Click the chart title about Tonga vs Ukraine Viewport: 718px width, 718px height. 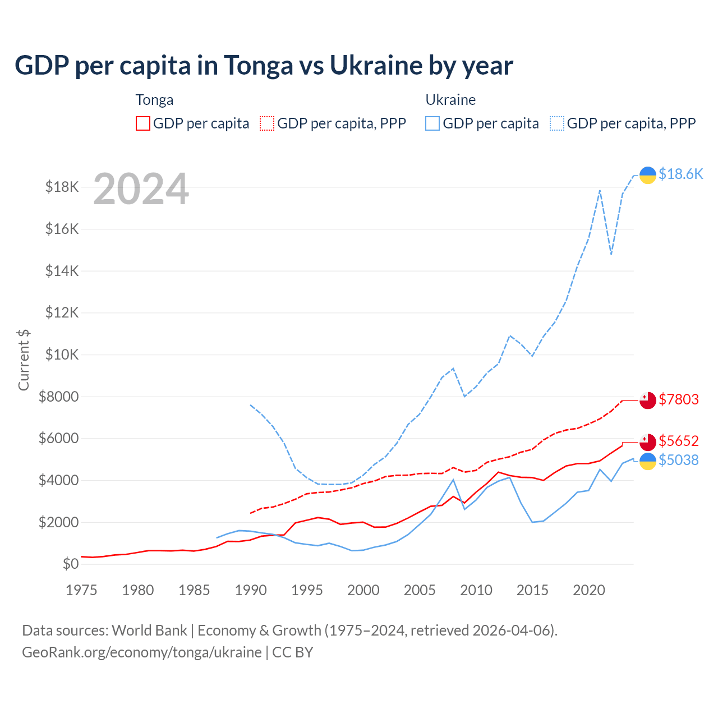click(264, 66)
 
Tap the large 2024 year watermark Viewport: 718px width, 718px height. click(141, 189)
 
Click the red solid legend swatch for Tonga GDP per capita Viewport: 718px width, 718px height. click(143, 123)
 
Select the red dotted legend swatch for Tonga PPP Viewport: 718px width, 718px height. click(267, 123)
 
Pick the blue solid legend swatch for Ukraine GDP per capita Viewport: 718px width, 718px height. click(432, 123)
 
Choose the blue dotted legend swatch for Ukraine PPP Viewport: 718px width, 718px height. click(557, 123)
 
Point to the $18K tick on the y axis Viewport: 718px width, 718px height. click(62, 187)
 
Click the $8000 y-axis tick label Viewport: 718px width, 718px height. click(58, 397)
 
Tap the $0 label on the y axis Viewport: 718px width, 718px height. click(70, 564)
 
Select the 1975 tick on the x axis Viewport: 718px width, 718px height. click(81, 590)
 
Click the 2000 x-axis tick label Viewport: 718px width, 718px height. click(363, 590)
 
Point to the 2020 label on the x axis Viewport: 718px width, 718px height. click(589, 590)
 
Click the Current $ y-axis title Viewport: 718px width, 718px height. click(24, 360)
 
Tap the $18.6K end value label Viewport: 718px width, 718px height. click(680, 174)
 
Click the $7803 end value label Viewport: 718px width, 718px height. click(679, 399)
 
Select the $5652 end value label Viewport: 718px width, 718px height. click(679, 441)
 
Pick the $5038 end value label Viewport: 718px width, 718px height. click(679, 461)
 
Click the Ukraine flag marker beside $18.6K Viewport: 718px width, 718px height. click(648, 175)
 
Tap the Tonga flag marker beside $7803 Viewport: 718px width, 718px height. click(648, 401)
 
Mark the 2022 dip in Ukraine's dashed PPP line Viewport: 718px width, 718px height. click(611, 254)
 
